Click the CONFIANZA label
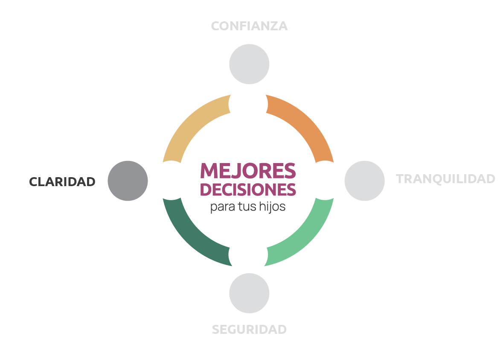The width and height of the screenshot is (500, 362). pyautogui.click(x=249, y=26)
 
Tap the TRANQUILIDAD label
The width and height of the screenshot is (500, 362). pyautogui.click(x=445, y=178)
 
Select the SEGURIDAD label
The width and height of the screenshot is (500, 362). pyautogui.click(x=249, y=330)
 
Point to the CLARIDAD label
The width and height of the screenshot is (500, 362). pyautogui.click(x=62, y=181)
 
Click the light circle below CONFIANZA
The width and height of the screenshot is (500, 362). pyautogui.click(x=249, y=64)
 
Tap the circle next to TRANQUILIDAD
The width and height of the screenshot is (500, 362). pyautogui.click(x=364, y=181)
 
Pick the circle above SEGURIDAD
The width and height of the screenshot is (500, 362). pyautogui.click(x=249, y=293)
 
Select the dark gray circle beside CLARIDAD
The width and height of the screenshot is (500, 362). pyautogui.click(x=128, y=181)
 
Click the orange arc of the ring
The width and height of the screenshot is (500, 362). pyautogui.click(x=305, y=124)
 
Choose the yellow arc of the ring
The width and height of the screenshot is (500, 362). pyautogui.click(x=192, y=124)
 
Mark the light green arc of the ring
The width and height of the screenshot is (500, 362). pyautogui.click(x=306, y=237)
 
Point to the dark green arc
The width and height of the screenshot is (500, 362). pyautogui.click(x=192, y=237)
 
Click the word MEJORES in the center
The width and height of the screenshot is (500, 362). pyautogui.click(x=248, y=170)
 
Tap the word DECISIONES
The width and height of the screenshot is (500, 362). pyautogui.click(x=248, y=190)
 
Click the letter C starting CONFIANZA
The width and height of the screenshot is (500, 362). pyautogui.click(x=215, y=26)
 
